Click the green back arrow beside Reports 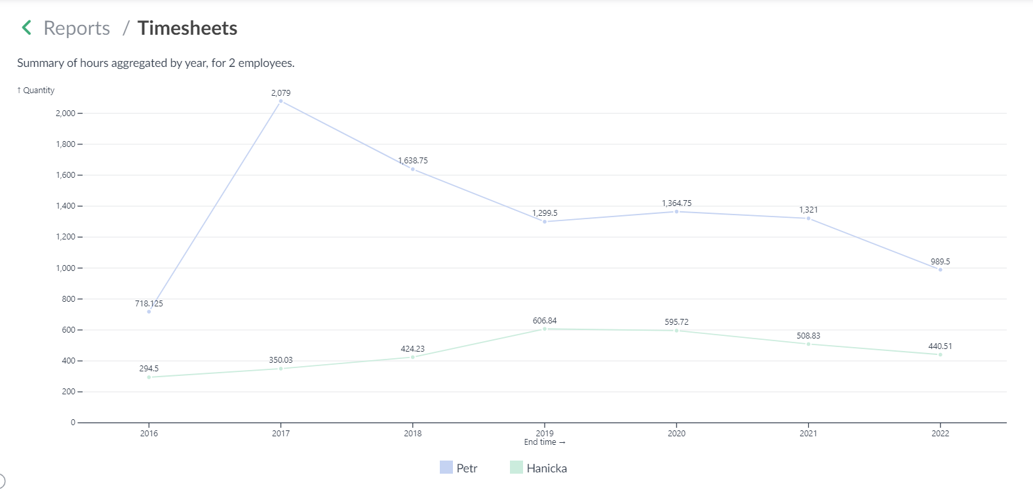(x=27, y=28)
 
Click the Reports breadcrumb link (x=77, y=28)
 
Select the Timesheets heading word (x=187, y=28)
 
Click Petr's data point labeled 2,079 (x=281, y=101)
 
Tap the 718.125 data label (x=149, y=304)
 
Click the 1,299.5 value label (x=545, y=213)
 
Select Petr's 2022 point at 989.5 (x=940, y=270)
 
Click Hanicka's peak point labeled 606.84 (x=545, y=329)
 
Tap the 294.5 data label (x=149, y=369)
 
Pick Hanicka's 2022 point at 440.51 (x=940, y=355)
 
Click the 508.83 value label (x=808, y=336)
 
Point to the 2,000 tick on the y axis (x=66, y=114)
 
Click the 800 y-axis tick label (x=68, y=299)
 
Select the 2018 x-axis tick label (x=413, y=433)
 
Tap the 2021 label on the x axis (x=808, y=433)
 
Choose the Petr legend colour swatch (x=446, y=467)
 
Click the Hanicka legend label (x=547, y=468)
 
